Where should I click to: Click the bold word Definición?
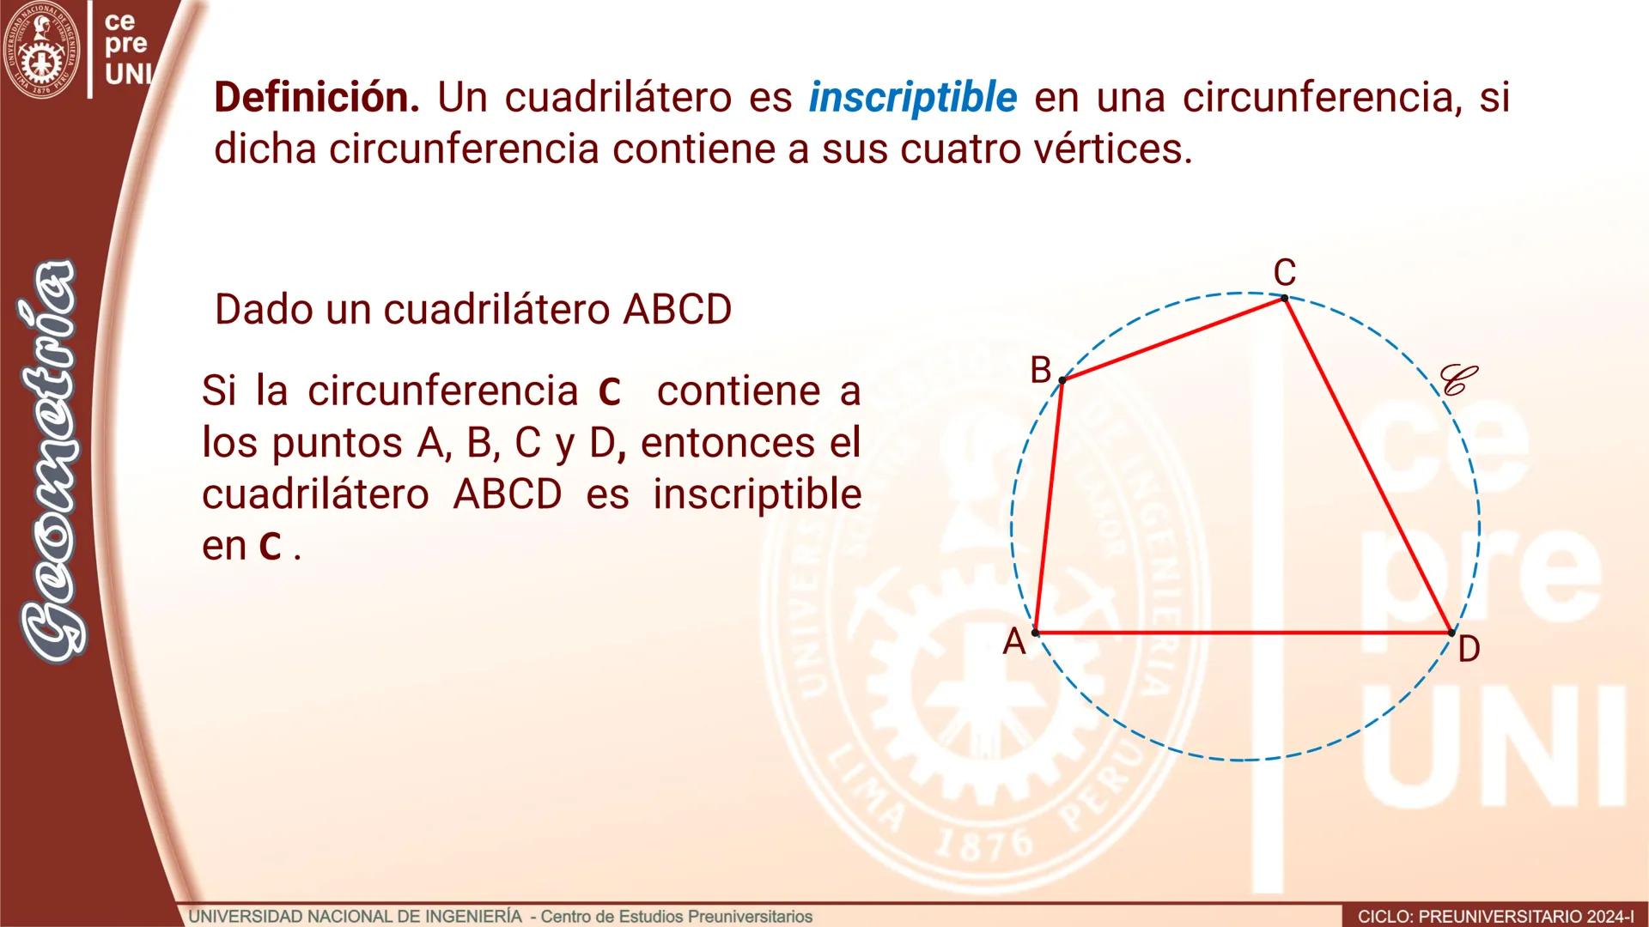coord(316,98)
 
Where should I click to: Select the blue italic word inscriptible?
coord(912,98)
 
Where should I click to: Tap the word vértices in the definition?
coord(1125,149)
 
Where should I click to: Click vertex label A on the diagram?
coord(1014,641)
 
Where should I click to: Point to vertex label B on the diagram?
coord(1040,370)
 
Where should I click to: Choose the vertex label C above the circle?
coord(1284,273)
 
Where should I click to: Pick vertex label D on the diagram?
coord(1469,650)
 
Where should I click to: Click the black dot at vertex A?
coord(1035,633)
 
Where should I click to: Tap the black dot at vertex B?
coord(1062,379)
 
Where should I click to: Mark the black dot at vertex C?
coord(1284,298)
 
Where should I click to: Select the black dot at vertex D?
coord(1451,633)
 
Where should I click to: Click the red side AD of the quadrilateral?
coord(1243,633)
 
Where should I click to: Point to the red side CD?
coord(1367,465)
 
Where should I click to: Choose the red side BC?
coord(1173,339)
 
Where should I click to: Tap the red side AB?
coord(1049,506)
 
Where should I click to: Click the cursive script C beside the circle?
coord(1458,379)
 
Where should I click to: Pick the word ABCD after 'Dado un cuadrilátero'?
coord(677,310)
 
